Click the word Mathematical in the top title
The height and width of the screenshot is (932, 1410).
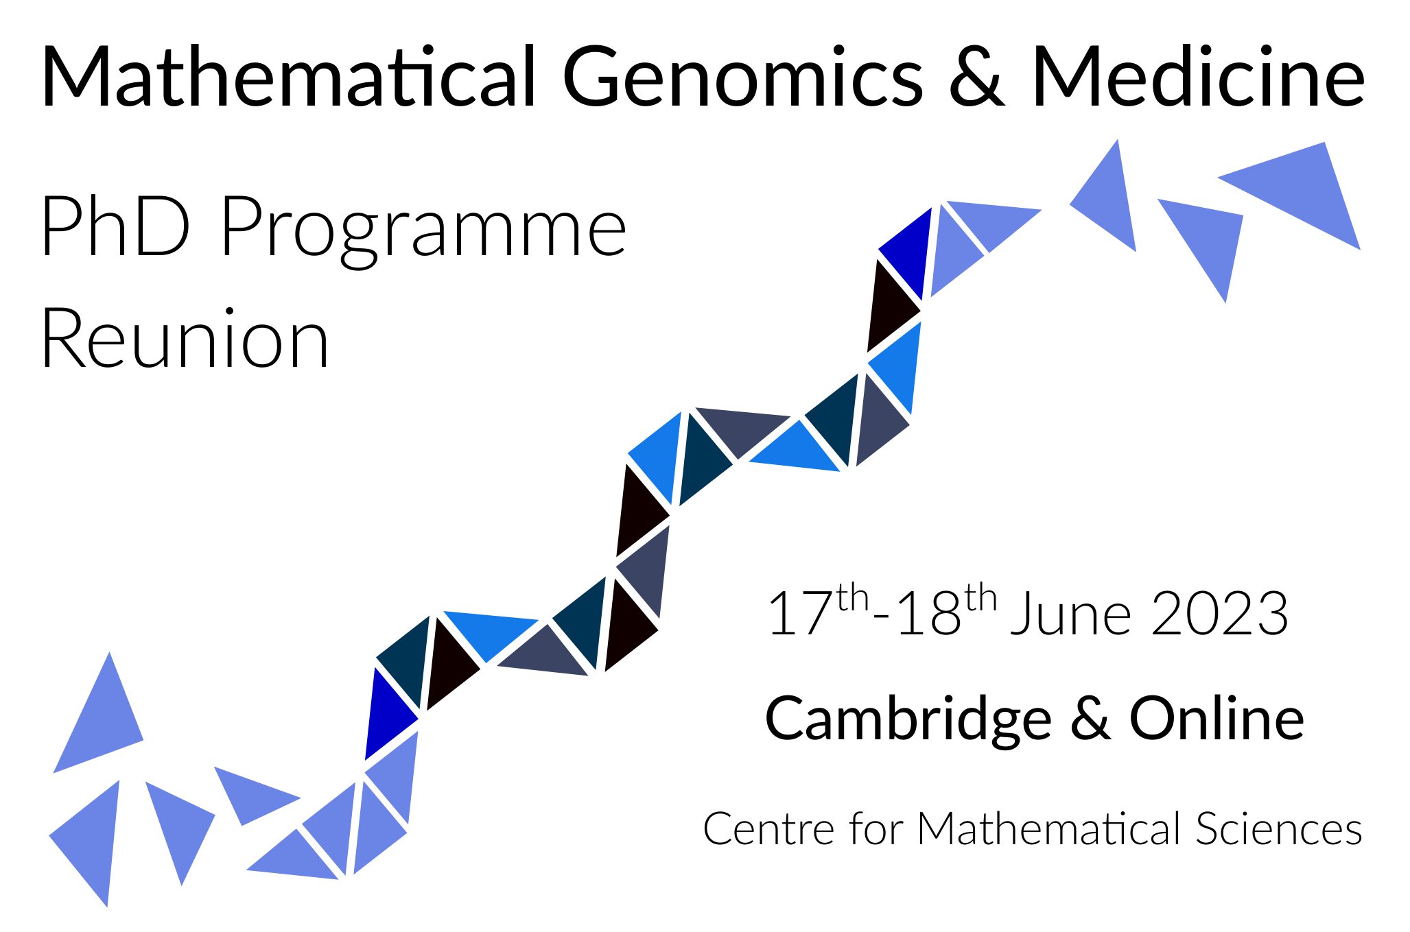pos(289,76)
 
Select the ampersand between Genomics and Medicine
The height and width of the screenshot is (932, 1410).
pos(977,77)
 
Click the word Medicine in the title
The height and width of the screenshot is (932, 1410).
pos(1198,76)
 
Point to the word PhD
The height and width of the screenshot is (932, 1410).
pos(115,226)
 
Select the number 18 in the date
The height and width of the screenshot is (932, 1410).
pos(929,614)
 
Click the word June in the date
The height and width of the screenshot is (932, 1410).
pos(1071,614)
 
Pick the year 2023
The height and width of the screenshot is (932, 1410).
pos(1219,614)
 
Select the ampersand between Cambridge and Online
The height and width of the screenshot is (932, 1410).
pos(1090,719)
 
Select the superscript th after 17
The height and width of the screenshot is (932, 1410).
pos(853,598)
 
